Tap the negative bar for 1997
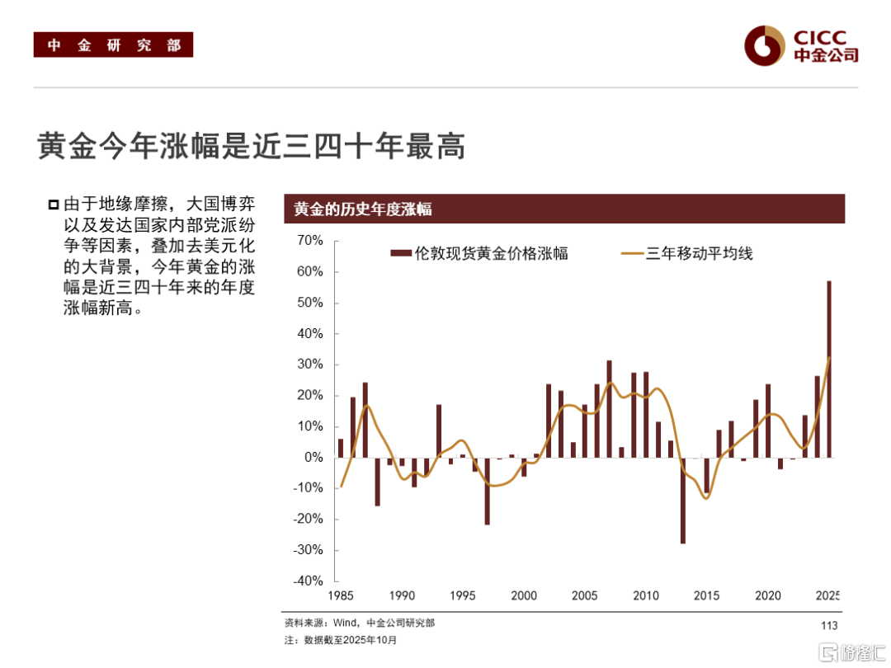(x=488, y=491)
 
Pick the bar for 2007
(x=610, y=408)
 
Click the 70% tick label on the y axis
(x=310, y=241)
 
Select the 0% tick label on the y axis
(x=313, y=457)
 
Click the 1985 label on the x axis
(x=340, y=595)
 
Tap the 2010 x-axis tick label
(x=646, y=595)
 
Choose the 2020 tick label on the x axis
(x=768, y=595)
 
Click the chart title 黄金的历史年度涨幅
(x=363, y=209)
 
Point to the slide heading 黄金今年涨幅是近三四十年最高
(x=252, y=146)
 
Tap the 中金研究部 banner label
(x=113, y=45)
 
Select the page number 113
(x=829, y=626)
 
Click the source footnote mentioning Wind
(x=359, y=623)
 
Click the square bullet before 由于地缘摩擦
(x=54, y=204)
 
